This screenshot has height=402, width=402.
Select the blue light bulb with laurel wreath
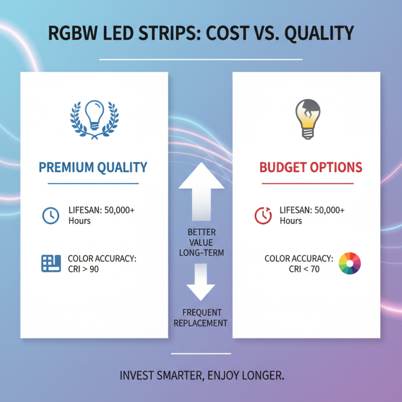(94, 118)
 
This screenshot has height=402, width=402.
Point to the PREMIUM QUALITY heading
(93, 167)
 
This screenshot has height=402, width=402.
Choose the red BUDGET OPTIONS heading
(311, 167)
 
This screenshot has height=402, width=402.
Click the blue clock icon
(50, 216)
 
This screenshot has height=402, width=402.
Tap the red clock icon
(263, 216)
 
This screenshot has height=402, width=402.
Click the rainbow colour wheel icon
(350, 263)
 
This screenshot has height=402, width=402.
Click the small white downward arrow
(201, 284)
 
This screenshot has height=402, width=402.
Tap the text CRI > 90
(83, 269)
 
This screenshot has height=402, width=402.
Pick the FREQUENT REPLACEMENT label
(201, 318)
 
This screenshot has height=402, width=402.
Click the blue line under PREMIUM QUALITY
(93, 183)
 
